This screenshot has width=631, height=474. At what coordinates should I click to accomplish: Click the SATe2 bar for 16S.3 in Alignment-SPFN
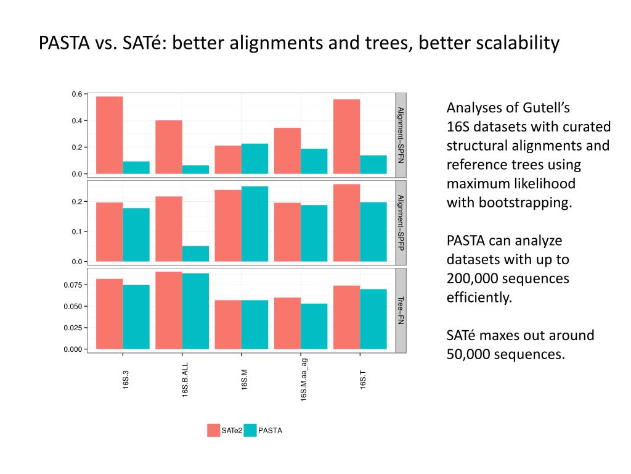(109, 135)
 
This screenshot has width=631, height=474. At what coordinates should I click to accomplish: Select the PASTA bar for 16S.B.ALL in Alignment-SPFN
(195, 170)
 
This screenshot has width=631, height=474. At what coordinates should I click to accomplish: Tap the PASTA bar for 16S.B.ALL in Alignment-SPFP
(195, 254)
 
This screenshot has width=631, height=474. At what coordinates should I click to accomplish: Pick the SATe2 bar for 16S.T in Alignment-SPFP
(346, 223)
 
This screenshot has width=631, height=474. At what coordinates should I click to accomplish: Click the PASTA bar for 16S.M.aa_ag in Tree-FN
(314, 326)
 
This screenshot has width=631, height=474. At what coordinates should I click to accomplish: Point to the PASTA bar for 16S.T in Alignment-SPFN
(373, 165)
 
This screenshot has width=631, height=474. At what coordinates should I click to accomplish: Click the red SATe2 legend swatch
(214, 430)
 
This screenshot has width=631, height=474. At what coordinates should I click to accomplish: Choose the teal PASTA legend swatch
(250, 430)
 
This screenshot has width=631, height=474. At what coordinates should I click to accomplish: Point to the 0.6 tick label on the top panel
(77, 94)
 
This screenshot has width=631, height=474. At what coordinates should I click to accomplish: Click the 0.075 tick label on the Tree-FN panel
(72, 285)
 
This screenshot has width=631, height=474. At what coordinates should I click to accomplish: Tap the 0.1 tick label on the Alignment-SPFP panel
(77, 231)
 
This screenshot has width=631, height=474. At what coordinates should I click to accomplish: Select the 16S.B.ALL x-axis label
(185, 380)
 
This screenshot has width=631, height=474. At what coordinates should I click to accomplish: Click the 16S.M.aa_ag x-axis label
(304, 383)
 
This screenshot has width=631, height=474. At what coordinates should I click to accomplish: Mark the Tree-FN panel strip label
(401, 309)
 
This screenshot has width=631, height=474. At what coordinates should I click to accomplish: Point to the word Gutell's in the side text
(546, 108)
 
